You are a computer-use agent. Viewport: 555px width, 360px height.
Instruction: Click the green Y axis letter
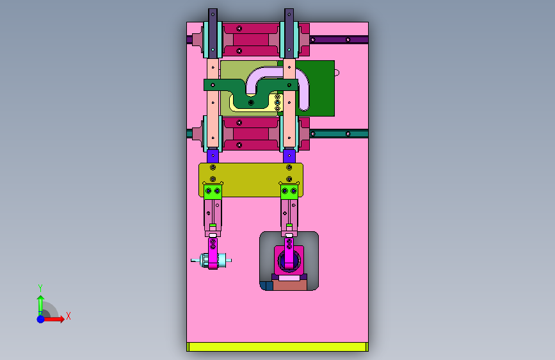click(40, 288)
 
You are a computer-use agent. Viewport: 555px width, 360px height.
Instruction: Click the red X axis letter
click(68, 316)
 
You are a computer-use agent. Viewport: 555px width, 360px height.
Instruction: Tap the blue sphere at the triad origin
click(41, 319)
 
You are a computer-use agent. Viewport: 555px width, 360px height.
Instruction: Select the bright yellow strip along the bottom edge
click(278, 347)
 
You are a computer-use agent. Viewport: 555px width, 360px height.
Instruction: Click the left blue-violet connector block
click(213, 156)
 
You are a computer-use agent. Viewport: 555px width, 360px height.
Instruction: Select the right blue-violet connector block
click(289, 156)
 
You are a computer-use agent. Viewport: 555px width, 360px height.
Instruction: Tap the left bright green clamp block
click(213, 192)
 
